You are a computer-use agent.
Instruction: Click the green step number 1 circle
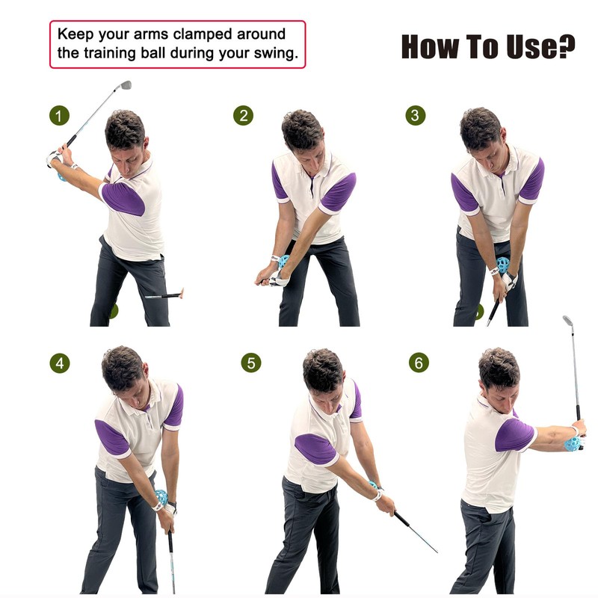[x=60, y=116]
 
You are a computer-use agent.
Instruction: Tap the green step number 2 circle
[x=243, y=116]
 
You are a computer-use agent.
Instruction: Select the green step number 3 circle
[x=416, y=116]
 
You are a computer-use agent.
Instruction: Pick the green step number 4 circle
[x=60, y=363]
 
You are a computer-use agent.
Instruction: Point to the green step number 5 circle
[x=251, y=363]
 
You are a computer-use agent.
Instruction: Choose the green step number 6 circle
[x=419, y=363]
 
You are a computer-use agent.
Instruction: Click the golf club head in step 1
[x=125, y=85]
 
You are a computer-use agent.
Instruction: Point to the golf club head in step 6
[x=568, y=321]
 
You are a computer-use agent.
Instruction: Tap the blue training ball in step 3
[x=503, y=265]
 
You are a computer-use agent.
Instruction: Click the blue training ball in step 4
[x=161, y=496]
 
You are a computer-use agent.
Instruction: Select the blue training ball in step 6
[x=573, y=443]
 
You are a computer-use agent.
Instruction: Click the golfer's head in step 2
[x=302, y=132]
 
